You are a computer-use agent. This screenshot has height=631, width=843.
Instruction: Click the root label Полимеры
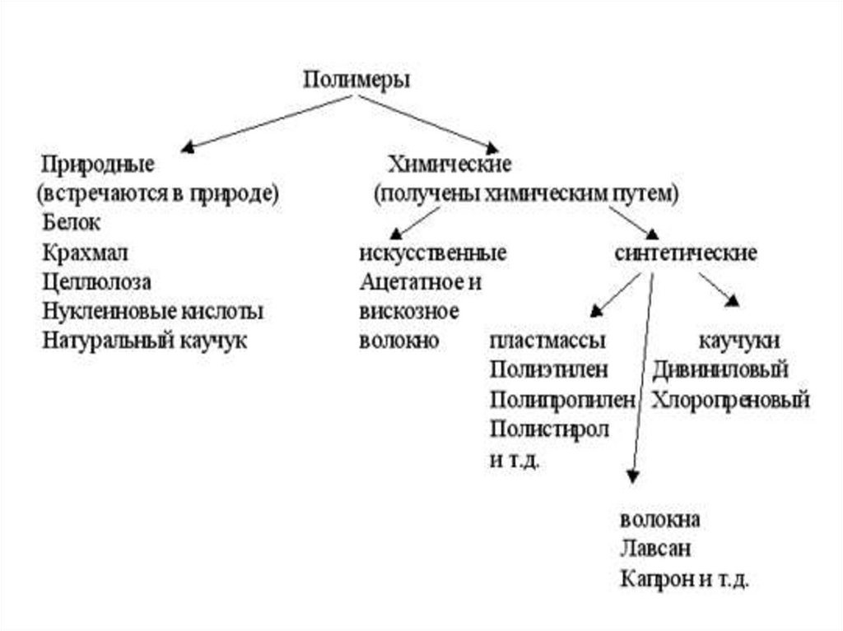click(356, 80)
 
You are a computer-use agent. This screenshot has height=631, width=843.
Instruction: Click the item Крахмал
click(85, 252)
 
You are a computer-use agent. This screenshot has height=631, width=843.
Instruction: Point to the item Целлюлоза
click(97, 281)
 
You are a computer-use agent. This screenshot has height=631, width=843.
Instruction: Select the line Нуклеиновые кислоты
click(153, 311)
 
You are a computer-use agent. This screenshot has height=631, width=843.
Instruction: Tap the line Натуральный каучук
click(144, 340)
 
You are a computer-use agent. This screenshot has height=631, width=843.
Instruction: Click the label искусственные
click(433, 253)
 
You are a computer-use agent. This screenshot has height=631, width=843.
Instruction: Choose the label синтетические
click(686, 253)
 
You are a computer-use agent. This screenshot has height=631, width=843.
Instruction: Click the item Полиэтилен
click(548, 370)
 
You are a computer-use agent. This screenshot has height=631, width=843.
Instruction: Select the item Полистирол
click(549, 429)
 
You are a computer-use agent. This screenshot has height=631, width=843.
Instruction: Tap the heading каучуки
click(739, 341)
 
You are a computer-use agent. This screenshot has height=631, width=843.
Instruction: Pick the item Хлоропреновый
click(731, 400)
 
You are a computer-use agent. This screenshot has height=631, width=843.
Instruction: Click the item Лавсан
click(654, 549)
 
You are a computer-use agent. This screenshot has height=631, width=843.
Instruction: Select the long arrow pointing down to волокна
click(641, 378)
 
